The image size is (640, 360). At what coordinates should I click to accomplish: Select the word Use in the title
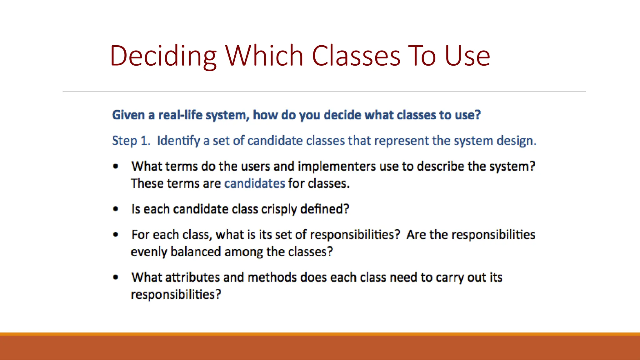click(467, 56)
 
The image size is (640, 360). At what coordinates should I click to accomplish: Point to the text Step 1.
click(131, 141)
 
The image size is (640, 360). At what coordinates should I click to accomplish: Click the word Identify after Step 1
click(178, 141)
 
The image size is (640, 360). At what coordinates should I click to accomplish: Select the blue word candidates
click(254, 183)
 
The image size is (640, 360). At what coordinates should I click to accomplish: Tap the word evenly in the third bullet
click(149, 252)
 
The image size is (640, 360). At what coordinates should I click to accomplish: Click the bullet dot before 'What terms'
click(116, 166)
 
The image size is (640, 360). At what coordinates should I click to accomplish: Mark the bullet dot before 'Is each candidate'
click(116, 209)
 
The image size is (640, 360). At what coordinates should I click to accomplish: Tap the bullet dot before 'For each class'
click(116, 235)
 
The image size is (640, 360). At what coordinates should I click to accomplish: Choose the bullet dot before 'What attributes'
click(116, 277)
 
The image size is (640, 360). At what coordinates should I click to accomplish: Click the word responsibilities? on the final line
click(176, 295)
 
